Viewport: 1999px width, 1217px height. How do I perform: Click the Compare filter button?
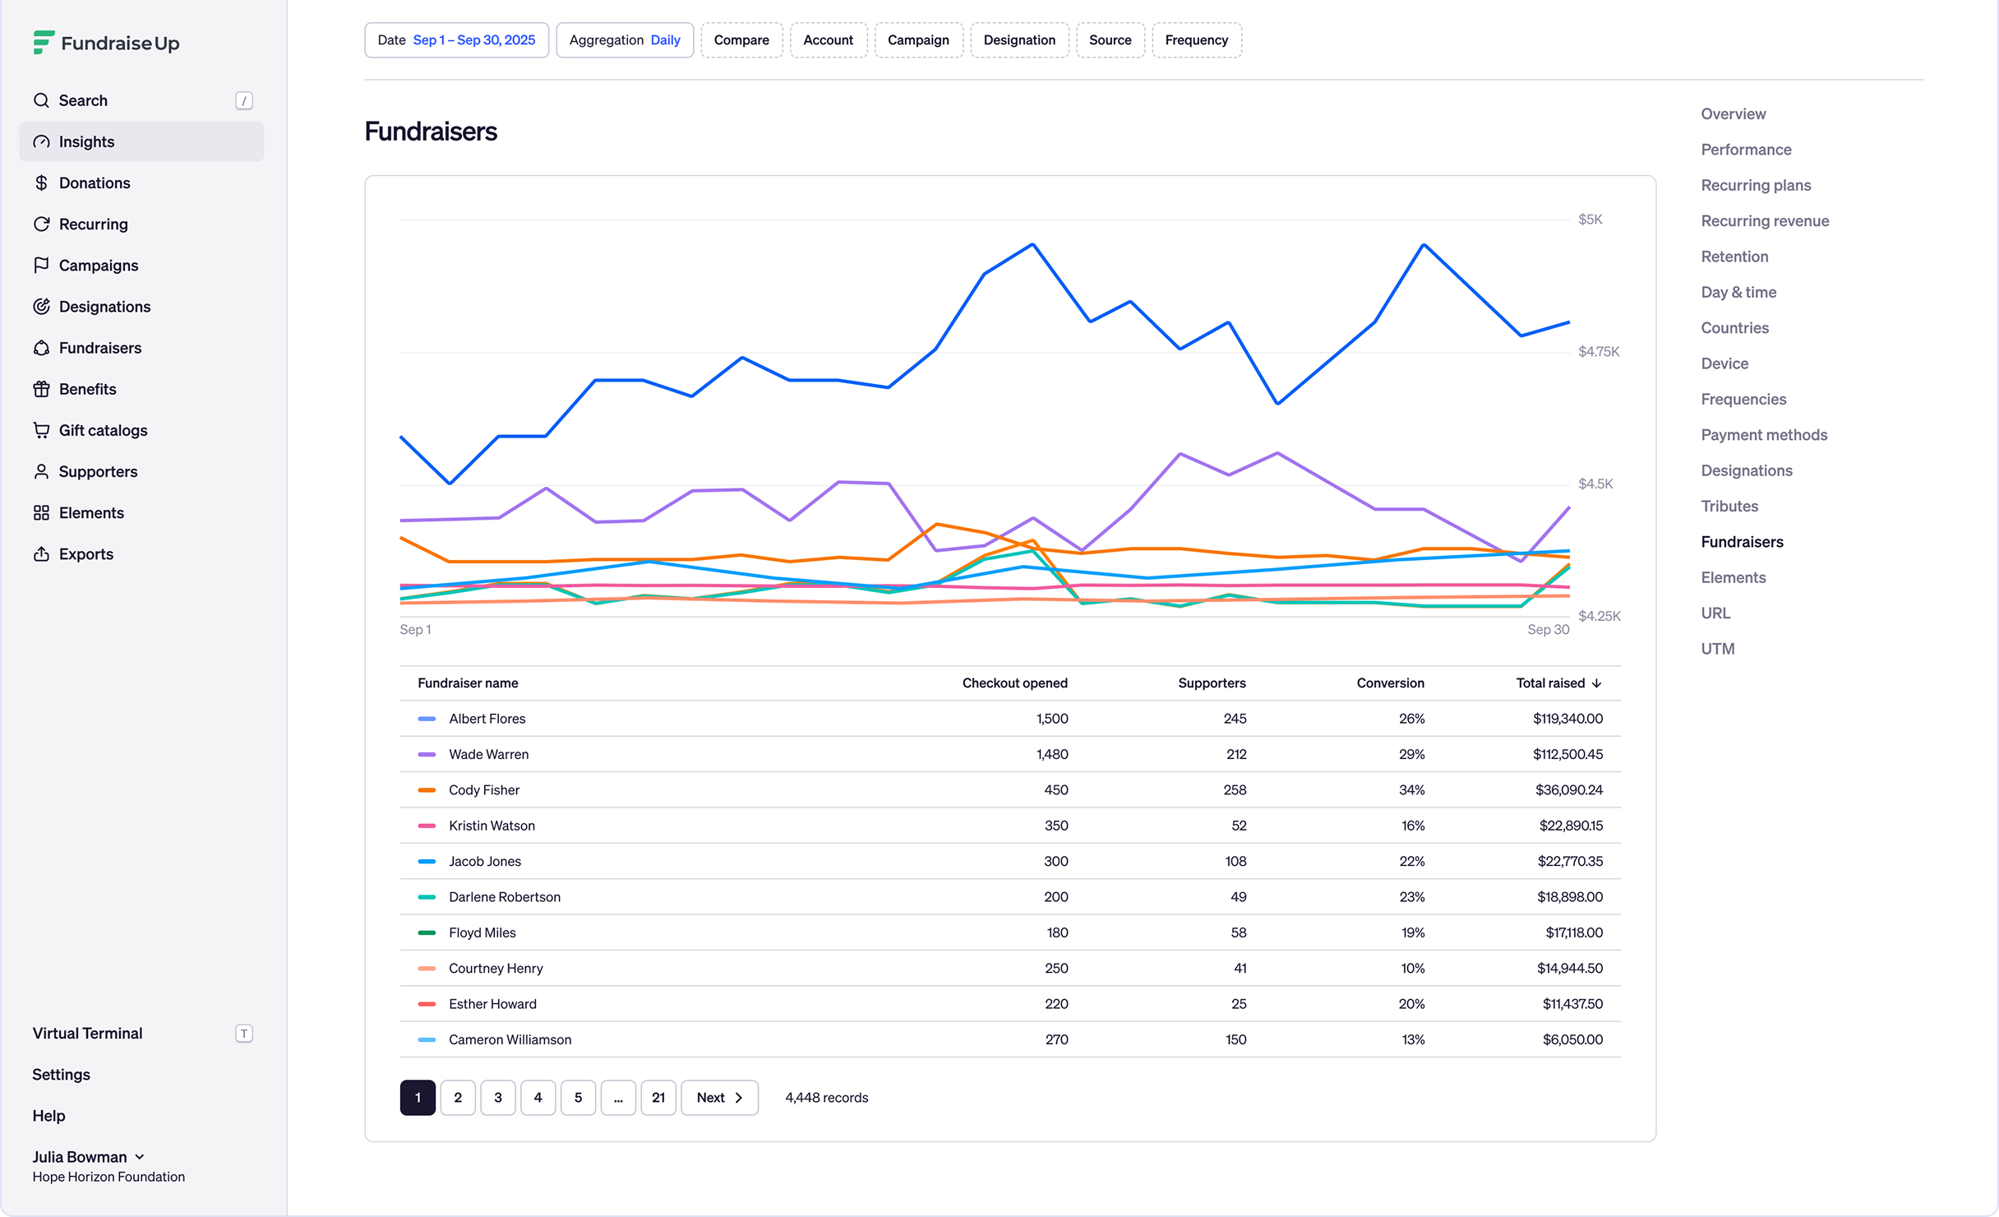741,40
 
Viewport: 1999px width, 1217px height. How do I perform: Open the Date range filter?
456,40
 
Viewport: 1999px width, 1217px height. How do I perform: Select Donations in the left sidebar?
95,183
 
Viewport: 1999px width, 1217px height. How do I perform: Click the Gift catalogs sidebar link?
104,430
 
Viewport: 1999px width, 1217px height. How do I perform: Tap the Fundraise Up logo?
106,43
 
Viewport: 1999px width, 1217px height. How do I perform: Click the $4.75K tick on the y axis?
1599,352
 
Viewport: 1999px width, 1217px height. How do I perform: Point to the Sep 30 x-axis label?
1548,630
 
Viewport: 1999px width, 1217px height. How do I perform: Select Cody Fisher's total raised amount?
1569,790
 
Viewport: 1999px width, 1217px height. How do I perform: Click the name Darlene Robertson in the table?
505,897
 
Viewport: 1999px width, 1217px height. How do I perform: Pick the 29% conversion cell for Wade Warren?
1411,754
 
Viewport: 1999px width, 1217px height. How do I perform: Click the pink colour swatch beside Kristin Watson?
427,826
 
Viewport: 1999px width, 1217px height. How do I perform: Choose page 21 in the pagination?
658,1098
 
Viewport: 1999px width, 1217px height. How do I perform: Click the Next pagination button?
719,1098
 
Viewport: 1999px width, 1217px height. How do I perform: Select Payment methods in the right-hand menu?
1764,435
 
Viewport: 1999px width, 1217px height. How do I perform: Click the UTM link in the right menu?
1718,649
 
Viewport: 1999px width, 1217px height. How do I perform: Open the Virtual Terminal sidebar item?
88,1034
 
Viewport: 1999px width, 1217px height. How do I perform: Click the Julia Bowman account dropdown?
89,1157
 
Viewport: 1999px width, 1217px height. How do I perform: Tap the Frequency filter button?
1197,40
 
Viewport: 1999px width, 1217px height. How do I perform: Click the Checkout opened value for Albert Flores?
1052,719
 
